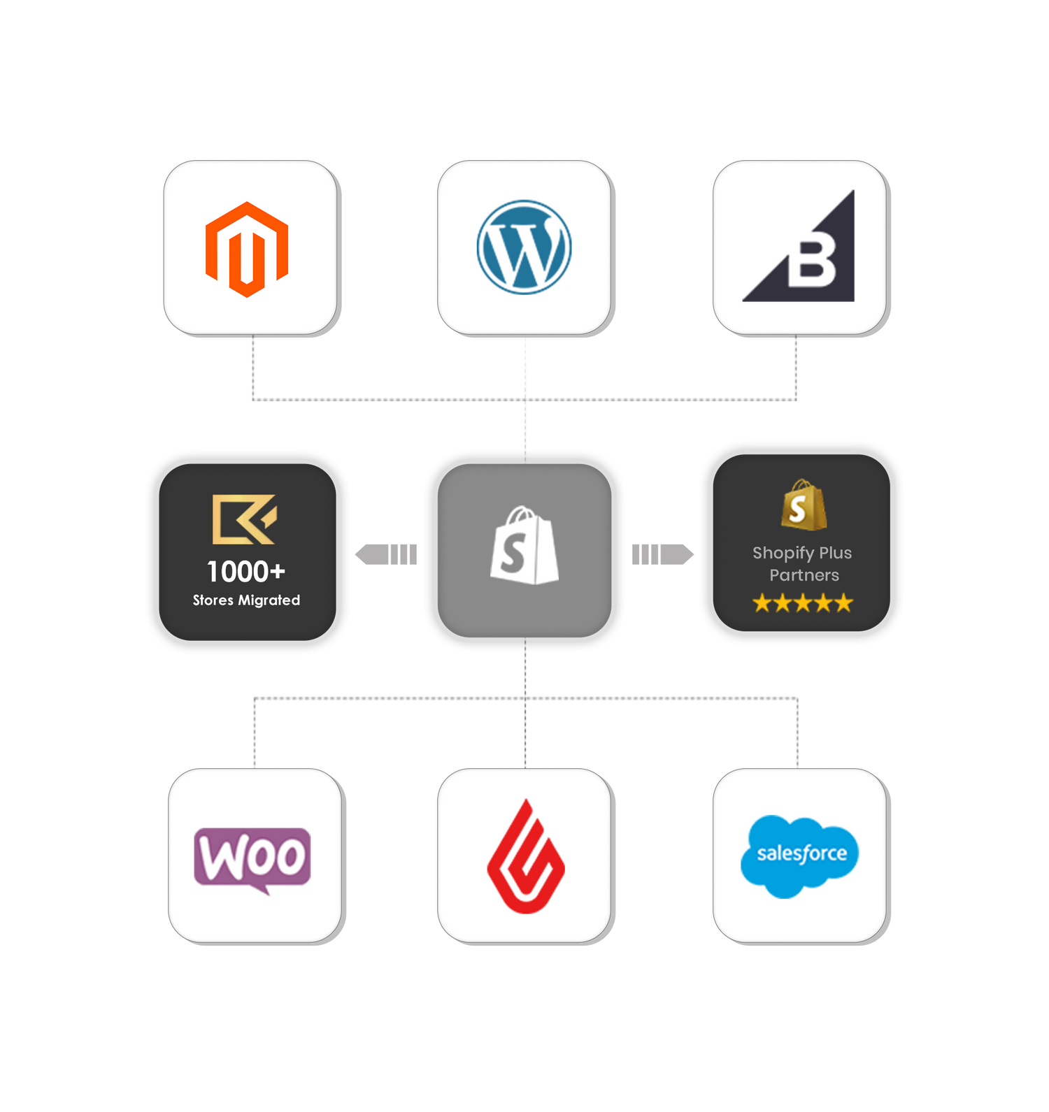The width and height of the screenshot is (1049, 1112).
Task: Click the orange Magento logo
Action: [247, 249]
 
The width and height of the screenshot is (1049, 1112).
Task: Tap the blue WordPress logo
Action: [524, 247]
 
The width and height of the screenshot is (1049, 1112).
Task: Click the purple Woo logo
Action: [252, 858]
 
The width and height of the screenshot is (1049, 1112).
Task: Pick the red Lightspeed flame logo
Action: [525, 857]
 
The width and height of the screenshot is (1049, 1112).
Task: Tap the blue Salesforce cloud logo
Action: [799, 855]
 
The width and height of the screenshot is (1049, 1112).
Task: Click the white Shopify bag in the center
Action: [524, 546]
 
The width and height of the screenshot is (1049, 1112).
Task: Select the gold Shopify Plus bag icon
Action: [804, 505]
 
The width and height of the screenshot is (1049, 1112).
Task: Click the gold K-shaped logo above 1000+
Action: [244, 519]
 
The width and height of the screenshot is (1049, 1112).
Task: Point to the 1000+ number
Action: [246, 572]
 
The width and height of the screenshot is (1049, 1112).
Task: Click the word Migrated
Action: [269, 600]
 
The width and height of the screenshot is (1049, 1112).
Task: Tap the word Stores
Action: [213, 600]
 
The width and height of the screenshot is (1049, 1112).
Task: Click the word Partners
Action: [804, 575]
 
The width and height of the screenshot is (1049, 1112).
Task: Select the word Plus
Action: [835, 553]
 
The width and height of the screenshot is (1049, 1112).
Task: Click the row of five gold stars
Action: [803, 602]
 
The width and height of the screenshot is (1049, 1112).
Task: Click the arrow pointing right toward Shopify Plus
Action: [663, 554]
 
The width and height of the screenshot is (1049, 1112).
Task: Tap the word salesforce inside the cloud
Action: [801, 853]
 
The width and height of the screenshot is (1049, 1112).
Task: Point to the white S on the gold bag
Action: [798, 510]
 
